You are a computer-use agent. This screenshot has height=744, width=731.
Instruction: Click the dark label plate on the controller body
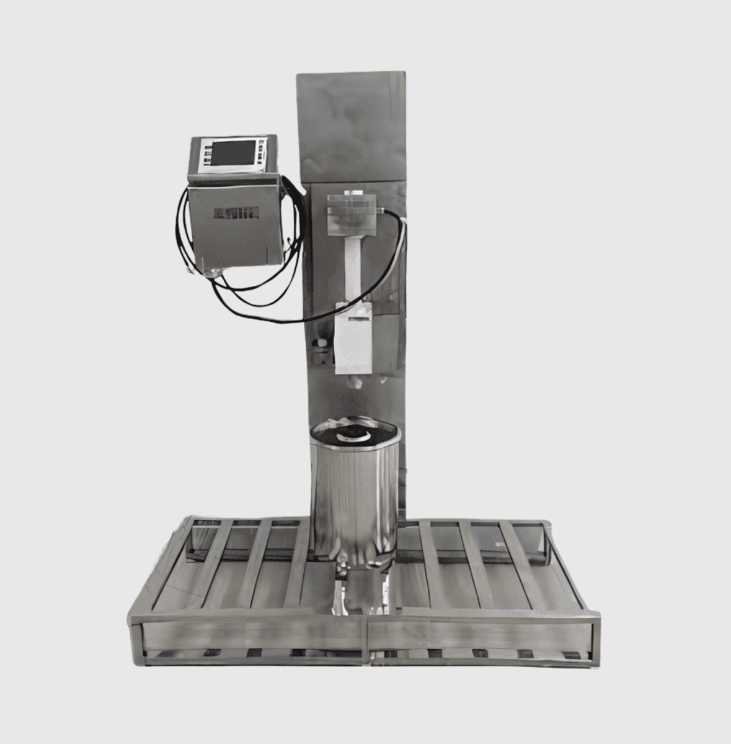tap(234, 213)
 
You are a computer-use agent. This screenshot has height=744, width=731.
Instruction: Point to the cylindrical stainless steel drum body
tap(354, 496)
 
